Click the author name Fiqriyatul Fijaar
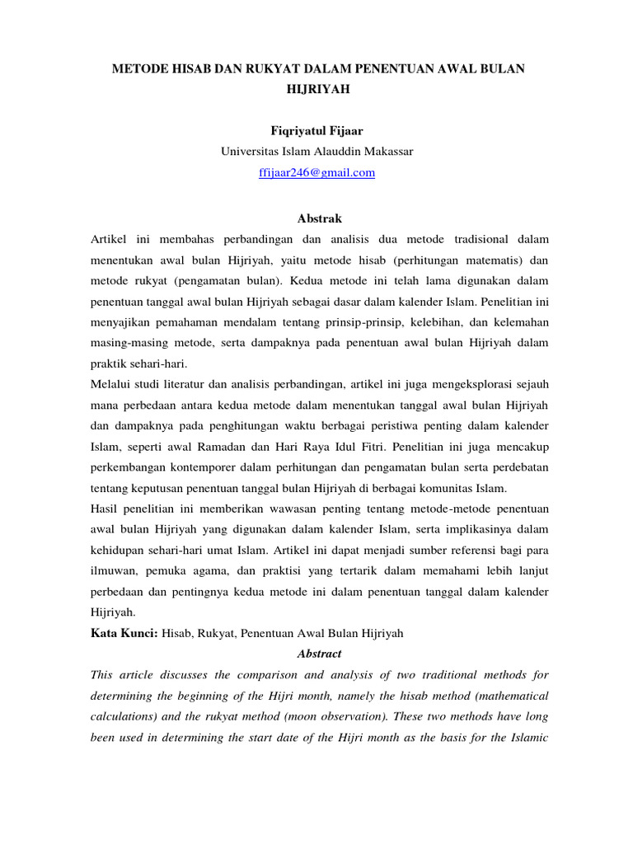click(x=317, y=130)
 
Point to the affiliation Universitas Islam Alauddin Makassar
click(x=317, y=152)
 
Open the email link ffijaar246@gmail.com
click(x=317, y=173)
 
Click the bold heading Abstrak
click(x=317, y=218)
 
